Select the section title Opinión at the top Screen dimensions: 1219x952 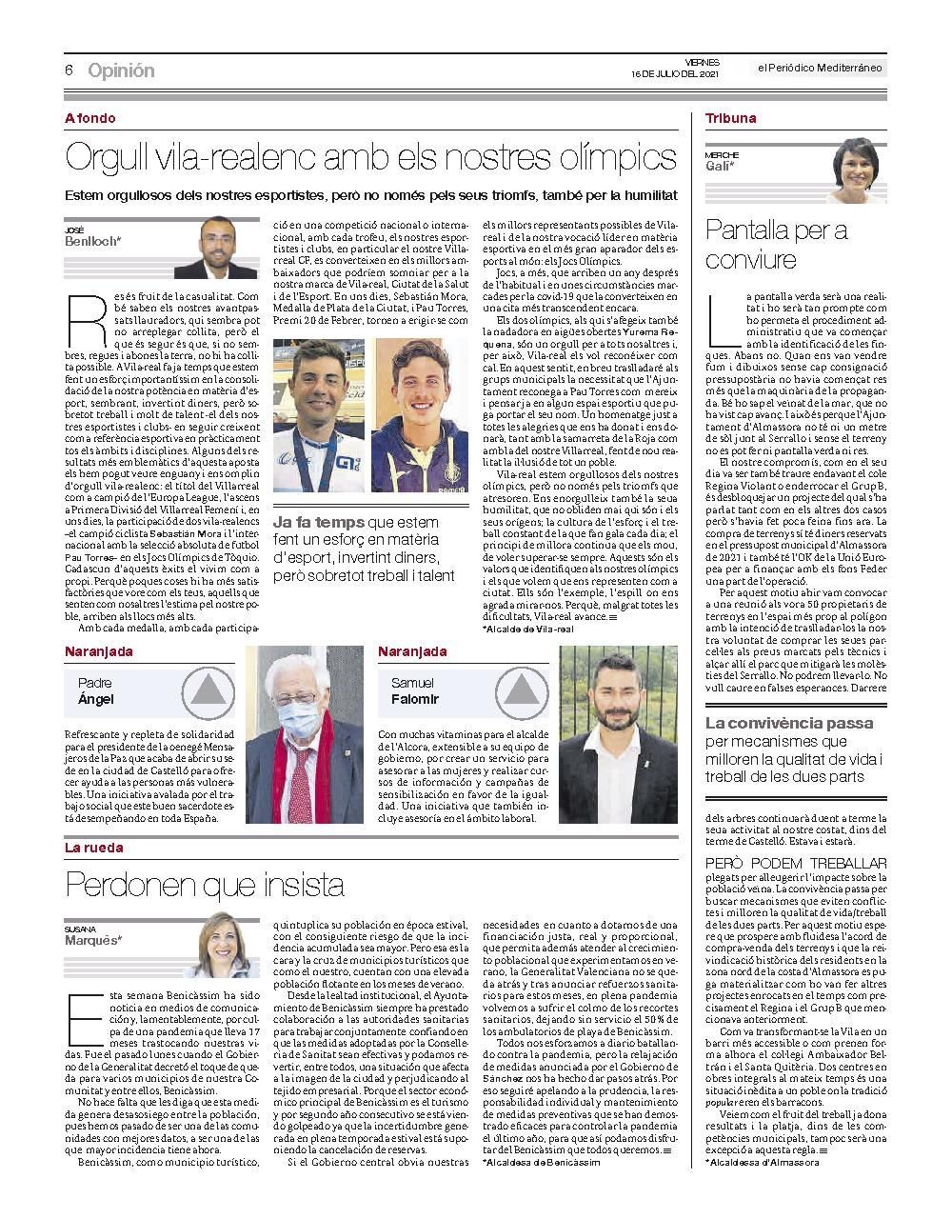[x=121, y=71]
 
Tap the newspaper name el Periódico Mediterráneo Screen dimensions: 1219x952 [x=820, y=67]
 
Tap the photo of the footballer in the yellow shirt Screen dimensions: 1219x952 [x=421, y=416]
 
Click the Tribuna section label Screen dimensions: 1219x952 [x=730, y=119]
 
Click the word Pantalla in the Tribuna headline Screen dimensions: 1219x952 [x=758, y=230]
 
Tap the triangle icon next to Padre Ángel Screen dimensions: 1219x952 [x=208, y=690]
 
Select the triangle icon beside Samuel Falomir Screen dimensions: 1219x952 [x=521, y=690]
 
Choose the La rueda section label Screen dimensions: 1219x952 [x=93, y=848]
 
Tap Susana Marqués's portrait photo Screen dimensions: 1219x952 [x=227, y=950]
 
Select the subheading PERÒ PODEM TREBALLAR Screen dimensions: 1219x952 [x=796, y=863]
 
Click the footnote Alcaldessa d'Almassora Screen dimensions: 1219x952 [x=762, y=1162]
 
